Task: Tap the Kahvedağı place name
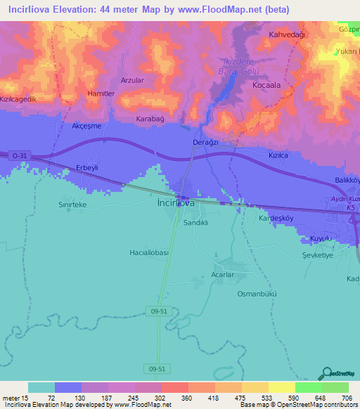pos(285,34)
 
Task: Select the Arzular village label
pos(133,81)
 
